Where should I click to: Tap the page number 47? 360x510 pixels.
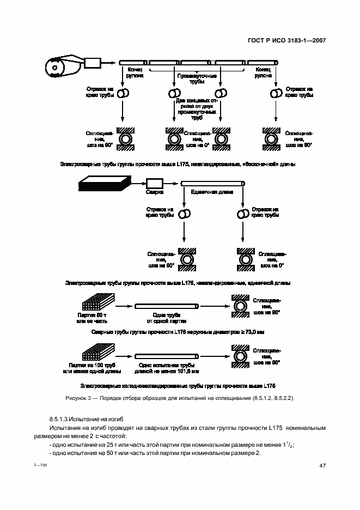tap(322, 465)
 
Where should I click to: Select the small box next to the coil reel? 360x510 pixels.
tap(93, 63)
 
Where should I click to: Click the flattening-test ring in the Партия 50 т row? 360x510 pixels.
tap(241, 308)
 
